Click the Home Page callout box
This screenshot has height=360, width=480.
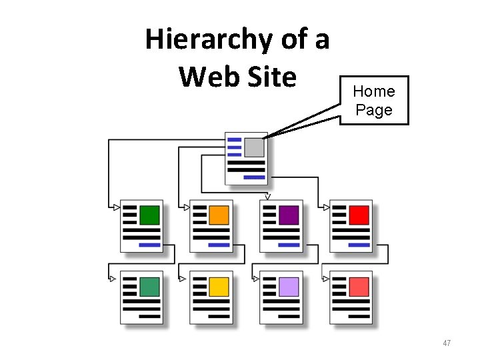tap(374, 101)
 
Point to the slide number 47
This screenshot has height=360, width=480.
tap(447, 343)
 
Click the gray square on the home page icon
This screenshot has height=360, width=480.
tap(254, 147)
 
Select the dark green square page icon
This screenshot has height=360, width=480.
tap(149, 215)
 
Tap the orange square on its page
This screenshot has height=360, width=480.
tap(219, 215)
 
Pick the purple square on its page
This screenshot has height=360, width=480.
tap(289, 215)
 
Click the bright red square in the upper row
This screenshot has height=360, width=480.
tap(359, 215)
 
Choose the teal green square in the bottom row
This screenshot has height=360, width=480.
tap(149, 287)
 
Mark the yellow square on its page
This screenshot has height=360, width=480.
tap(219, 287)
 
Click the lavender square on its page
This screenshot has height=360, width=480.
tap(289, 287)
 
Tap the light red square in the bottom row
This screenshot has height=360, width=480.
tap(359, 287)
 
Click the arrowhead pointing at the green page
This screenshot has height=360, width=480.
tap(117, 207)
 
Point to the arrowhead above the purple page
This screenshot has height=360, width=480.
tap(267, 197)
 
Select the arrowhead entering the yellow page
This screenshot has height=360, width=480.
tap(182, 279)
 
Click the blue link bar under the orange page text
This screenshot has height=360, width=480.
tap(219, 245)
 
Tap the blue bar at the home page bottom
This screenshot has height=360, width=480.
tap(253, 177)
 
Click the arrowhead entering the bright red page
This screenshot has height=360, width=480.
tap(326, 207)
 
